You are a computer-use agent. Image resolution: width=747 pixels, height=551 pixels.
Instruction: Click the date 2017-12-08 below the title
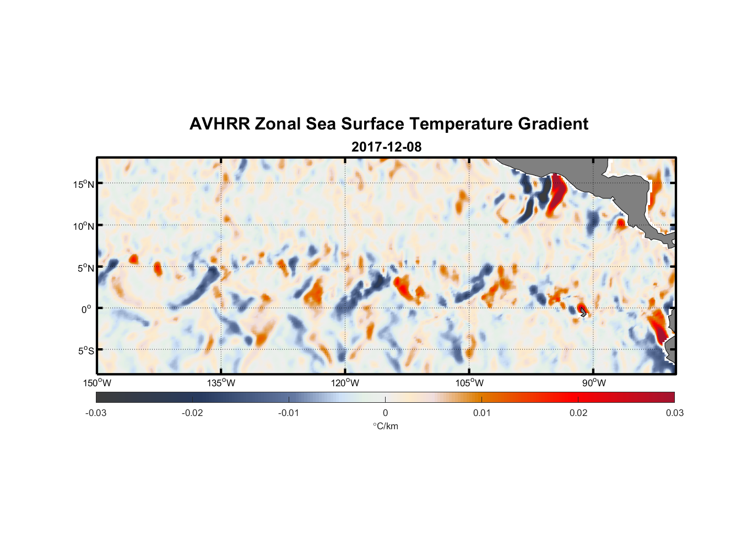(x=386, y=147)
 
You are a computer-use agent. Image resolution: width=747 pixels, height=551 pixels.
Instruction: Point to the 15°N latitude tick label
(x=84, y=184)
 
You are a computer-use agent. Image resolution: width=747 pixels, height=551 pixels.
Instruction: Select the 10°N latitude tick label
(x=84, y=226)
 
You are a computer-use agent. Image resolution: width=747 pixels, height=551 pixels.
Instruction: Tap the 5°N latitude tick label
(x=85, y=268)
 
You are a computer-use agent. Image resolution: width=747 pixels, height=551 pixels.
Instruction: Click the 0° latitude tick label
(x=86, y=309)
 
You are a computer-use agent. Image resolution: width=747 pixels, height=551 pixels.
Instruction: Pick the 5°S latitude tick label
(x=85, y=351)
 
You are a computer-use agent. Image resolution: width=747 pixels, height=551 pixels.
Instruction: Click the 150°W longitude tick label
(x=97, y=383)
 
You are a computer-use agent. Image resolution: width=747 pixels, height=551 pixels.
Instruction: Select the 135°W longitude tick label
(x=221, y=383)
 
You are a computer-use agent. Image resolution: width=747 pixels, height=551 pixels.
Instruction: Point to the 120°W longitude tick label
(x=345, y=383)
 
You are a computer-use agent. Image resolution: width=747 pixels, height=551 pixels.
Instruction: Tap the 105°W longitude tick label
(x=469, y=383)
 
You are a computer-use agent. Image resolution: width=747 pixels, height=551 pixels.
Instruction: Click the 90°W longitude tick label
(x=594, y=383)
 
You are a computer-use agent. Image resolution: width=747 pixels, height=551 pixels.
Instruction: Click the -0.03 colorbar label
(x=96, y=413)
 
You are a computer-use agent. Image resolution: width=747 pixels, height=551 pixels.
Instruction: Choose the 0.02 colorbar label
(x=578, y=413)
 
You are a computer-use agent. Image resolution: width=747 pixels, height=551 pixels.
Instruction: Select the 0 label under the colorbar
(x=385, y=413)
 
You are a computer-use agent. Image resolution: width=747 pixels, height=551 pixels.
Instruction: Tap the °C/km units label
(x=385, y=426)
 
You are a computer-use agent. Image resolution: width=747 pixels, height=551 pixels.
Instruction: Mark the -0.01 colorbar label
(x=289, y=413)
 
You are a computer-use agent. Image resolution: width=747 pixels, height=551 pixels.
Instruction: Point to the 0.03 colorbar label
(x=674, y=413)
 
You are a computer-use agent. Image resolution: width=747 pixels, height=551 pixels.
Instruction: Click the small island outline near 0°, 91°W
(x=583, y=312)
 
